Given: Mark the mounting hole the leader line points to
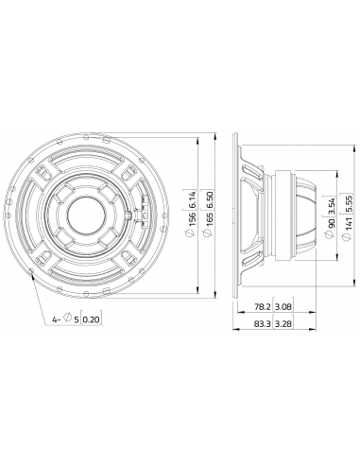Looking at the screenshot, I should (x=34, y=274).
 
